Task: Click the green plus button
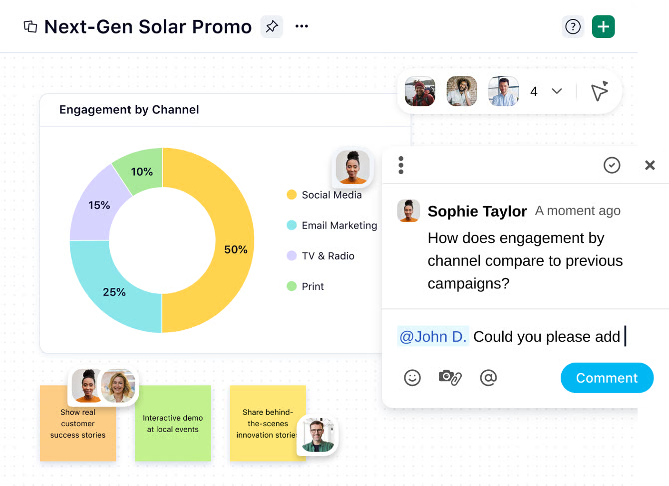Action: click(603, 26)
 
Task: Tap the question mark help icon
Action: click(573, 26)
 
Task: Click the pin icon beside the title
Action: click(272, 26)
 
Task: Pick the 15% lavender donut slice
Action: click(95, 205)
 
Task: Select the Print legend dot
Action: click(292, 286)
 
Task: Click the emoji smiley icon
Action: click(412, 378)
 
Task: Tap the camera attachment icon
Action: click(450, 377)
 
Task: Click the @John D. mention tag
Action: click(433, 337)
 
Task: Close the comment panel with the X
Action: click(650, 165)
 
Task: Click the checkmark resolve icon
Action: click(612, 165)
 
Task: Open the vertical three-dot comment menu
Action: click(401, 165)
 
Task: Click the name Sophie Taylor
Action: click(477, 211)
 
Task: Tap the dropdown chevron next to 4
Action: click(557, 91)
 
